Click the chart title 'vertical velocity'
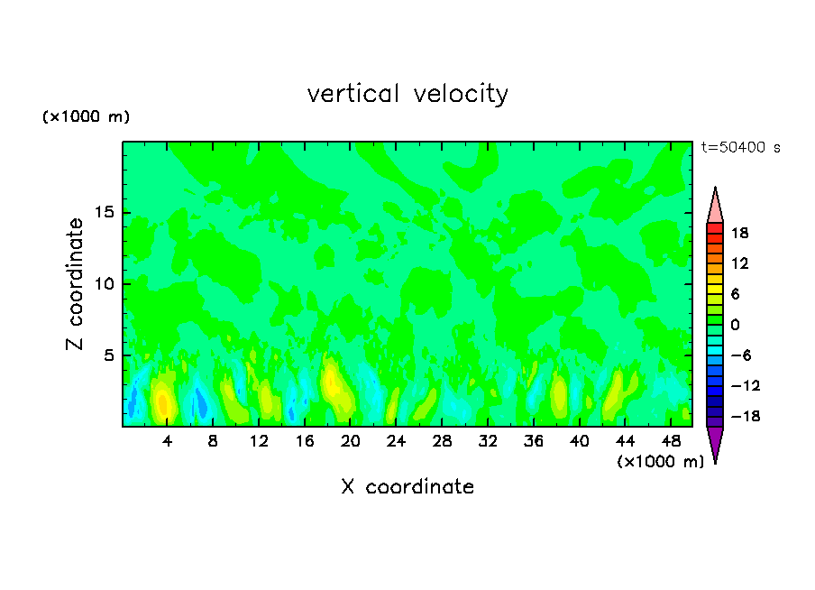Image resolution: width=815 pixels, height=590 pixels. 407,94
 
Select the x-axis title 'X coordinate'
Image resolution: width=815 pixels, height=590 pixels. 407,487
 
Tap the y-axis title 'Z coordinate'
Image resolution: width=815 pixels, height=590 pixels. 76,284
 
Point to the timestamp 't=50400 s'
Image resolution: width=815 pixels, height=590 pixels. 741,147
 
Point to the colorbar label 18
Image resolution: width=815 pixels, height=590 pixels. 739,233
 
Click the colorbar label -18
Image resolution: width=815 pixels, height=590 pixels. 737,417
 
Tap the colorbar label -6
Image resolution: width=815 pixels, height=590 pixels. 739,355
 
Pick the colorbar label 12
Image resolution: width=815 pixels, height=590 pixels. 739,263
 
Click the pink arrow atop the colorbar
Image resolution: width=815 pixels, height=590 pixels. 715,206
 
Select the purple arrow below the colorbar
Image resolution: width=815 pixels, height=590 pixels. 715,443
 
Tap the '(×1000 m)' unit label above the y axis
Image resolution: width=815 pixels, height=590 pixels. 87,117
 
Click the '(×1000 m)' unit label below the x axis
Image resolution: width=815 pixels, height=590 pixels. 660,462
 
